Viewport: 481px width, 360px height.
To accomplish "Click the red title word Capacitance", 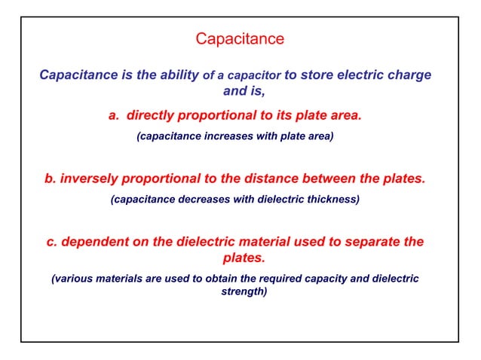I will (240, 38).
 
